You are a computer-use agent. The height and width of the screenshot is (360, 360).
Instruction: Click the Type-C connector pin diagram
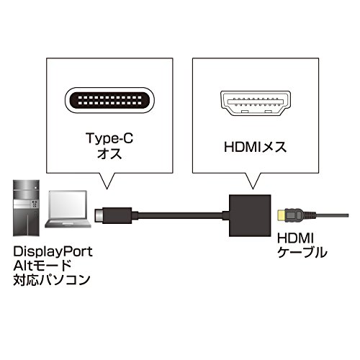pyautogui.click(x=109, y=100)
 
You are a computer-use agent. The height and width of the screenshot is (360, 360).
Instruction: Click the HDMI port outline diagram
pyautogui.click(x=256, y=104)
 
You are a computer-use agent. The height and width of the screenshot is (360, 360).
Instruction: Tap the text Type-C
pyautogui.click(x=109, y=138)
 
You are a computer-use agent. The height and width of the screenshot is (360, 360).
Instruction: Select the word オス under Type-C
pyautogui.click(x=109, y=153)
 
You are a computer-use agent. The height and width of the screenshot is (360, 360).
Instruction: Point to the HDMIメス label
pyautogui.click(x=256, y=147)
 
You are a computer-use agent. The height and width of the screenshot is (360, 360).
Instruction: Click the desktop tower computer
pyautogui.click(x=26, y=208)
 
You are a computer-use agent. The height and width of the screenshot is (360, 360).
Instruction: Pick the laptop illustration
pyautogui.click(x=68, y=209)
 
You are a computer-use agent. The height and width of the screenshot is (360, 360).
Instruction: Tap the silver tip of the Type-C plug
pyautogui.click(x=99, y=215)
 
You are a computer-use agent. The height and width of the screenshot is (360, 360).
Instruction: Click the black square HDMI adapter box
pyautogui.click(x=250, y=215)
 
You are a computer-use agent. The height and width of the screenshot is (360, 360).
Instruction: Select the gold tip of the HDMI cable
pyautogui.click(x=281, y=215)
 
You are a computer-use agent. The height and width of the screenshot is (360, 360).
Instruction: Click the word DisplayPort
pyautogui.click(x=53, y=252)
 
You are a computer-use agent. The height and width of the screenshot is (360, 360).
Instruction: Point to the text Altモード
pyautogui.click(x=42, y=266)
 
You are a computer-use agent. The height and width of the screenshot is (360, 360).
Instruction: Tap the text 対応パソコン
pyautogui.click(x=52, y=280)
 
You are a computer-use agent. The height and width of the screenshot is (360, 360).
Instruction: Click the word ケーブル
pyautogui.click(x=302, y=253)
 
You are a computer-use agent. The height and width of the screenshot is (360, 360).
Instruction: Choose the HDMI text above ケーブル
pyautogui.click(x=295, y=238)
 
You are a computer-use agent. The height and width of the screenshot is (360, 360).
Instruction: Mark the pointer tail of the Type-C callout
pyautogui.click(x=107, y=181)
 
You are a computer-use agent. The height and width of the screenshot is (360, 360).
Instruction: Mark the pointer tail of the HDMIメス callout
pyautogui.click(x=252, y=181)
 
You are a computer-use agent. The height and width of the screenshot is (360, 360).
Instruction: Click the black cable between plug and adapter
pyautogui.click(x=180, y=215)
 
